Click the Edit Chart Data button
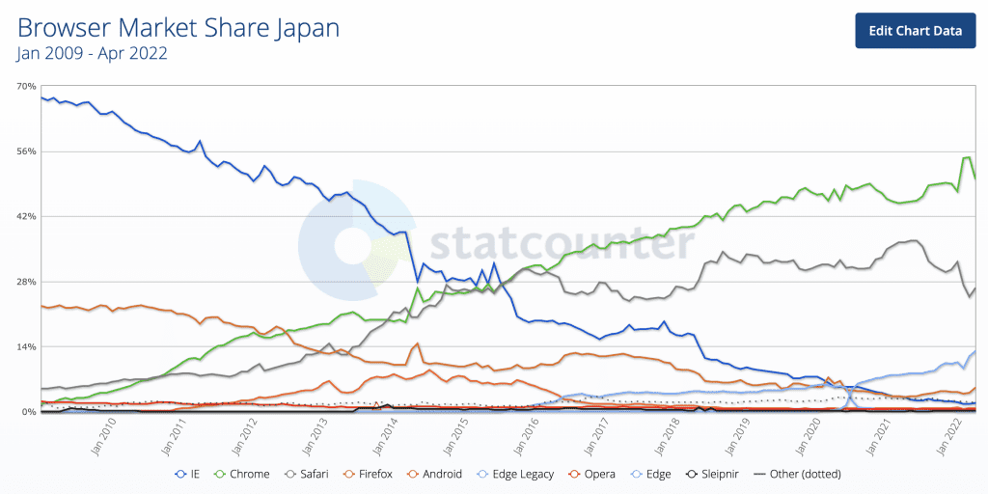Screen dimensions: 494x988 (x=916, y=30)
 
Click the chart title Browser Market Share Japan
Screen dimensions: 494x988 (x=178, y=28)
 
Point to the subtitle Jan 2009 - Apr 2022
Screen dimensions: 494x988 (x=93, y=54)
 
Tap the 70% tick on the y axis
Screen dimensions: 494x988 (x=26, y=87)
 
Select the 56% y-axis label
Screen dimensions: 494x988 (x=26, y=151)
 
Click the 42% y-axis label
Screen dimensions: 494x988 (x=26, y=216)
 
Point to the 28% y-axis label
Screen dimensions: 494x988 (x=26, y=282)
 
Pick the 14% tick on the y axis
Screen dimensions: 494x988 (x=26, y=346)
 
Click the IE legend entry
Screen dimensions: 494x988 (x=187, y=474)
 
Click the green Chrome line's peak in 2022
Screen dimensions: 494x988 (x=967, y=157)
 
